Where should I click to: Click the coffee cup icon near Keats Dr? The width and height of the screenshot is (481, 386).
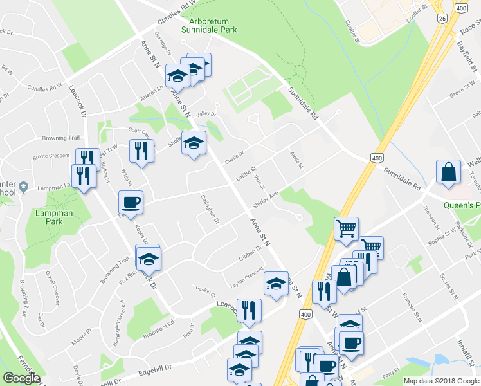[x=131, y=202]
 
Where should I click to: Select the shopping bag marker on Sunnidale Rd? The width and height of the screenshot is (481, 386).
[x=448, y=172]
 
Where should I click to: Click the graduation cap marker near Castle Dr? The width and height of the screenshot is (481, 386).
[x=194, y=143]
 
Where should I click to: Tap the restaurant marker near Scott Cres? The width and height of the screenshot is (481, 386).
[x=142, y=151]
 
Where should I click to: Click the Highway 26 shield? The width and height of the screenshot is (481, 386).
[x=442, y=20]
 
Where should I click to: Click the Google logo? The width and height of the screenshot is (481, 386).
[x=21, y=378]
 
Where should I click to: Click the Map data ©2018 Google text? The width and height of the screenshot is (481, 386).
[x=440, y=381]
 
